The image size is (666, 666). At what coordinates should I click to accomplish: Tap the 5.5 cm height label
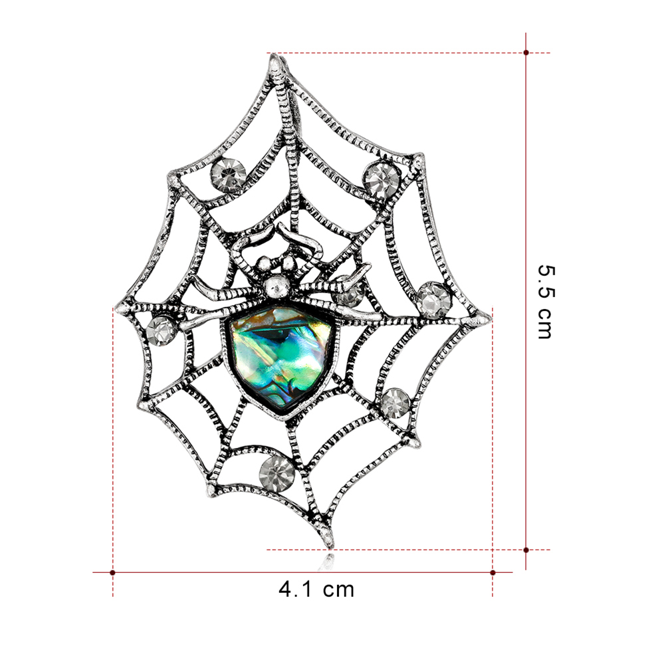coord(546,302)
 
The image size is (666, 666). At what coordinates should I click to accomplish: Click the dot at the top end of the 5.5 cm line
coord(526,53)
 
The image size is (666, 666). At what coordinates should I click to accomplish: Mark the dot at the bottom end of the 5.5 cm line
coord(526,550)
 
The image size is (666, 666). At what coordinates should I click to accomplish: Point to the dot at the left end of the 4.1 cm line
coord(112,572)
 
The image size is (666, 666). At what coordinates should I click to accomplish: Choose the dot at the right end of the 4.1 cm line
coord(493,572)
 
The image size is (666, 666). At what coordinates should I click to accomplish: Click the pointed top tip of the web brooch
coord(274,56)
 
